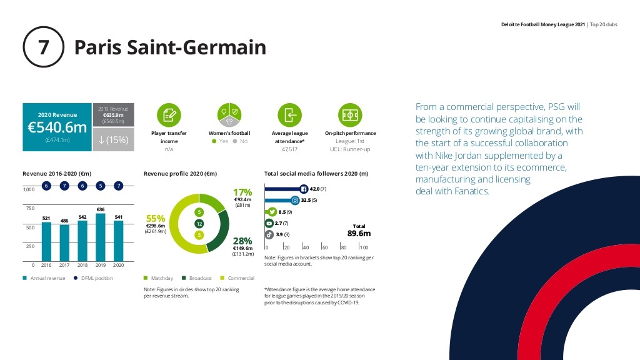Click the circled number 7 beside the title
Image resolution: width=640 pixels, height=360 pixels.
tap(44, 48)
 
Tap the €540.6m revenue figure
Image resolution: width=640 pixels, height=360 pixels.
tap(57, 127)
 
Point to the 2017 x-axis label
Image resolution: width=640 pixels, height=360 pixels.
tap(64, 265)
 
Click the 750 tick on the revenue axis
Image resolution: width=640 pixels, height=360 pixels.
tap(29, 207)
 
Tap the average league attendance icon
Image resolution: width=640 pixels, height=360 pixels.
tap(289, 114)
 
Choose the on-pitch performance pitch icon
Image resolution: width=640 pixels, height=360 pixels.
tap(350, 114)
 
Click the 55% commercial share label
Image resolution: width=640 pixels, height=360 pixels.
tap(156, 219)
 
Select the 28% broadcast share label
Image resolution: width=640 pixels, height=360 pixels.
tap(242, 241)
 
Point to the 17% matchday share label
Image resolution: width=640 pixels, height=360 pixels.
tap(242, 192)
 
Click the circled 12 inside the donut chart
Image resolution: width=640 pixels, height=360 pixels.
tap(199, 224)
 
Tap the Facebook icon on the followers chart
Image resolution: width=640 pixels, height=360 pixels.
tap(304, 189)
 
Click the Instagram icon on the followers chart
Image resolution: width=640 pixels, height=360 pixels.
tap(295, 200)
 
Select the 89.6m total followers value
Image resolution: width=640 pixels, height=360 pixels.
tap(359, 234)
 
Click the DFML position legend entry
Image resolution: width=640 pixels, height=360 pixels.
tap(93, 278)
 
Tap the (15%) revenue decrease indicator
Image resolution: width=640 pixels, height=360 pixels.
tap(113, 141)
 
